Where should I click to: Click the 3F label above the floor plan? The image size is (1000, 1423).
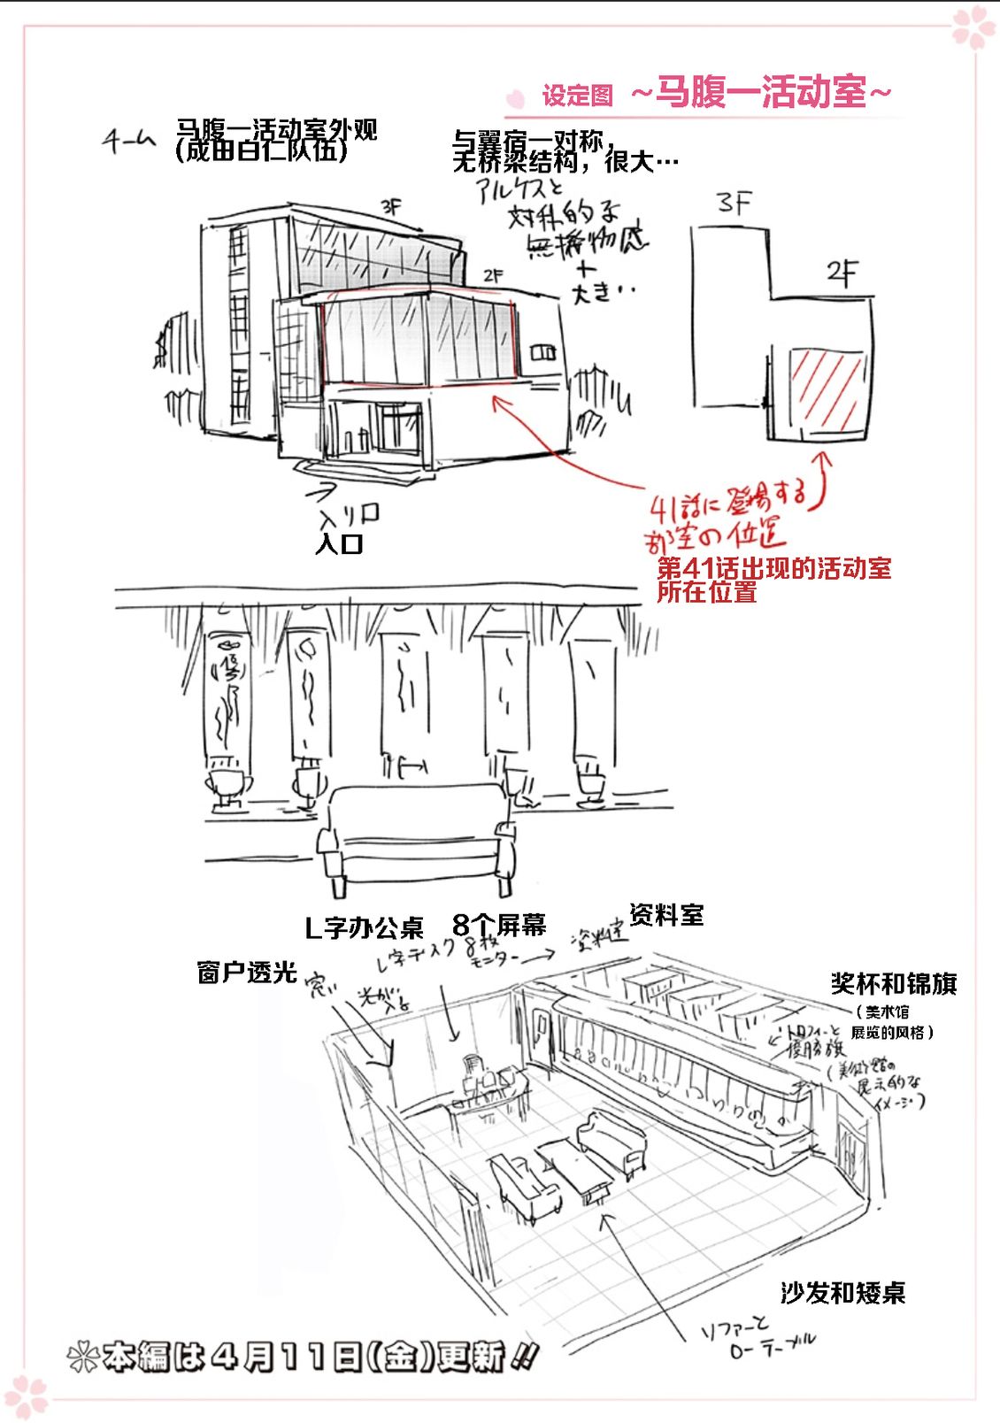tap(735, 204)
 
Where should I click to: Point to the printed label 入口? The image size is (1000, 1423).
tap(339, 543)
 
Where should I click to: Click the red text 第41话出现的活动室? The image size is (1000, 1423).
tap(773, 568)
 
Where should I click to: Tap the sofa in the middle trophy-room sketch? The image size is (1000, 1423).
tap(416, 836)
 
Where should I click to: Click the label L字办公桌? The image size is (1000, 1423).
tap(364, 927)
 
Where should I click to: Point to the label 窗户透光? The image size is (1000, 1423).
tap(246, 972)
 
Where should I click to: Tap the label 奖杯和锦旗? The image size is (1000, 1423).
tap(893, 983)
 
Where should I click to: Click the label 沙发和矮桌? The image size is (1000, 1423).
tap(842, 1293)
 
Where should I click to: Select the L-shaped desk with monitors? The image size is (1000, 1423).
tap(488, 1088)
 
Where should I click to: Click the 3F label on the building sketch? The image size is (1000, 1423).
tap(390, 207)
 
